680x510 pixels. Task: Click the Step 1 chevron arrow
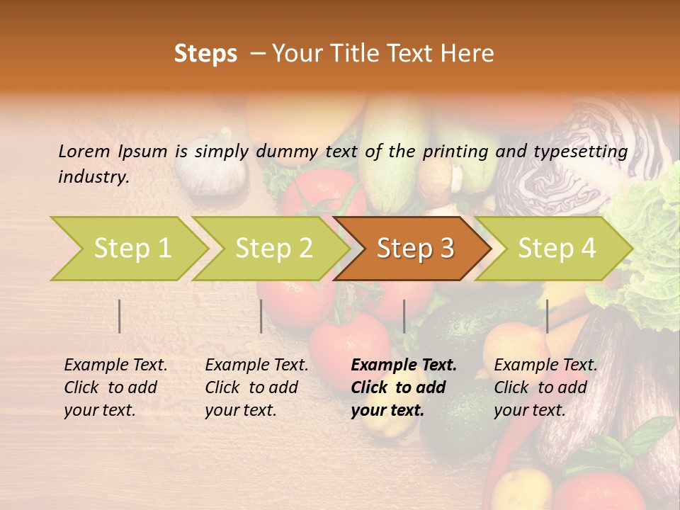point(131,248)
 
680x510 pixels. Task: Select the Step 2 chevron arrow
point(273,248)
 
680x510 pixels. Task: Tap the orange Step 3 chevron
point(414,248)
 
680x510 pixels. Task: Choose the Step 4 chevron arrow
point(556,248)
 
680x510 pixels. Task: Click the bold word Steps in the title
point(205,54)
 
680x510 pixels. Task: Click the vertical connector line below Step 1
point(120,316)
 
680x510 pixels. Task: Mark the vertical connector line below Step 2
point(261,316)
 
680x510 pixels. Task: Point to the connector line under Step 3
point(404,316)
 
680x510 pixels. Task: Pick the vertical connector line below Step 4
point(547,316)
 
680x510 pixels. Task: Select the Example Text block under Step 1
point(115,387)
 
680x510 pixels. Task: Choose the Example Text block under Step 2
point(256,387)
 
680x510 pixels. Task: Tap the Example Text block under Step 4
point(545,387)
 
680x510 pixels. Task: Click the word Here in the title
point(468,54)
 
